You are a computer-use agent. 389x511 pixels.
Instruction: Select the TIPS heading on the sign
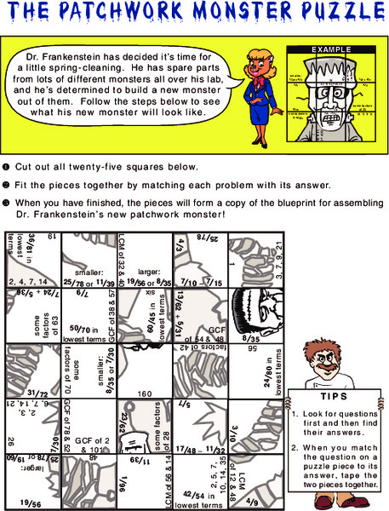(333, 397)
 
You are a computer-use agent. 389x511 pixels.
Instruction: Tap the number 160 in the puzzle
(144, 394)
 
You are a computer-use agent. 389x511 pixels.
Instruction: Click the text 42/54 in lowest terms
(201, 499)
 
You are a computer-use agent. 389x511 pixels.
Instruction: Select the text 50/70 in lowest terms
(89, 332)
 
